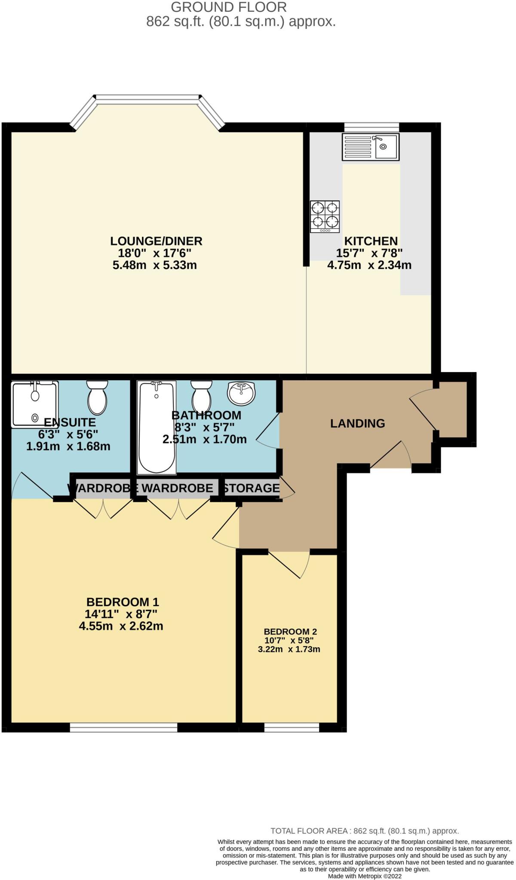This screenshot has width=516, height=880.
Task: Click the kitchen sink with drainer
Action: tap(370, 147)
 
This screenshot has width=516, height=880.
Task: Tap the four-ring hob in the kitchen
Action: tap(325, 217)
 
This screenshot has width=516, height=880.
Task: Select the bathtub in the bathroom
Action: tap(157, 428)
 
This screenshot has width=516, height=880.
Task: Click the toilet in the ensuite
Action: tap(97, 397)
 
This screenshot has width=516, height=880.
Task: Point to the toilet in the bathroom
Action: tap(201, 397)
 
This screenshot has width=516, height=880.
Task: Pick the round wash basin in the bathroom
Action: tap(241, 393)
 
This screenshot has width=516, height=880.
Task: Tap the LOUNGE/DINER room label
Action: tap(156, 241)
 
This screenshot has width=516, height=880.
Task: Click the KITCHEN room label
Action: tap(371, 241)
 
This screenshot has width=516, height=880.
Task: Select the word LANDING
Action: tap(357, 424)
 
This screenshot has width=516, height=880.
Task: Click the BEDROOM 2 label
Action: tap(290, 632)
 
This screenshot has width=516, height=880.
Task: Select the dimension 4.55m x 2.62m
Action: tap(121, 626)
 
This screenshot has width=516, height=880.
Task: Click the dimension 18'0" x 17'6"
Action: tap(154, 253)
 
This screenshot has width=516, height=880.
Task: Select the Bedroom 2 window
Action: tap(292, 727)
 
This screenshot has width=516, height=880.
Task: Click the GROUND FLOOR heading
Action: tap(229, 7)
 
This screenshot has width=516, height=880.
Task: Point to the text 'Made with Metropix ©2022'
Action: tap(365, 876)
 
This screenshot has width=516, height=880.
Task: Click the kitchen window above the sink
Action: tap(372, 127)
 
